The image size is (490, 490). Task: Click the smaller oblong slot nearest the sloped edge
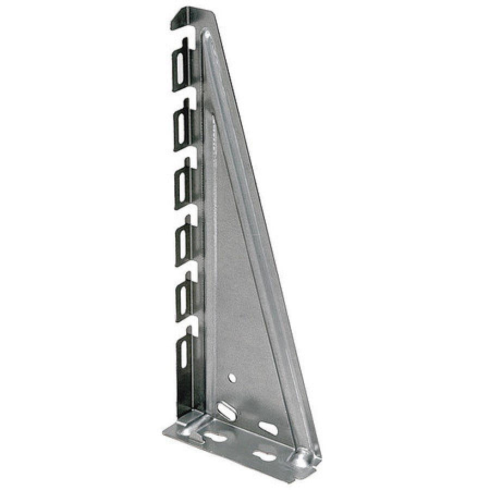tap(268, 428)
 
